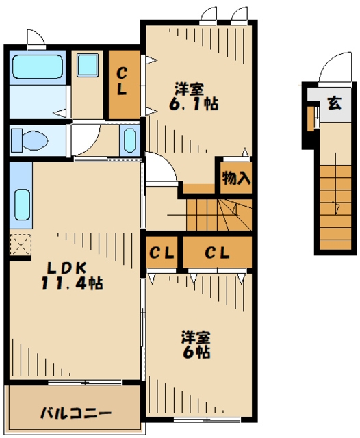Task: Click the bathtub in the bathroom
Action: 38,66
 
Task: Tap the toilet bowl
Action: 29,140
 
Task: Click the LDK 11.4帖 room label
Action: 72,276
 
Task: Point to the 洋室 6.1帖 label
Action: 193,96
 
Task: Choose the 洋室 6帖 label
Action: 196,344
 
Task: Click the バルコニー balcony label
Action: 76,413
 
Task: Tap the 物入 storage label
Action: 236,178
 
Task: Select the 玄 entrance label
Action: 334,103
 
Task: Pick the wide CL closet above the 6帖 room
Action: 217,253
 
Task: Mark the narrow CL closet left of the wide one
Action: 162,253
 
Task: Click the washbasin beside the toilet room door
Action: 129,140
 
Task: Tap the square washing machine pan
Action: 88,65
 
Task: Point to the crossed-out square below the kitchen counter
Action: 21,244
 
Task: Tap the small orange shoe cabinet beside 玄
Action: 311,118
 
